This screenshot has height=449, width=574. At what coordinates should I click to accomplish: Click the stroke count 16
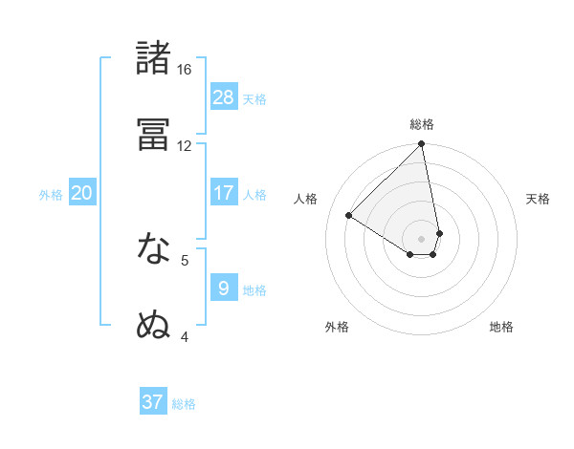[x=185, y=70]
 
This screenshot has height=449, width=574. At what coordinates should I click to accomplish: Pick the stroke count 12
[x=185, y=146]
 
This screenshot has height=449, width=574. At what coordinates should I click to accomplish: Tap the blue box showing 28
[x=224, y=96]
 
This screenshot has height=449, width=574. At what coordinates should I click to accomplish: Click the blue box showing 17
[x=224, y=192]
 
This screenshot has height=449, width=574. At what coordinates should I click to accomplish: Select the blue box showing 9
[x=224, y=288]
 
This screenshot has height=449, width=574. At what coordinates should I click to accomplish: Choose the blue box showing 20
[x=82, y=192]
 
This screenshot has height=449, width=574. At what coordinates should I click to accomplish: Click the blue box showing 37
[x=153, y=402]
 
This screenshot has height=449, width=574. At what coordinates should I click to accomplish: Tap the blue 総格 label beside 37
[x=184, y=404]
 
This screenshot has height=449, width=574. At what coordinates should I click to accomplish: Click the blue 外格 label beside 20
[x=51, y=195]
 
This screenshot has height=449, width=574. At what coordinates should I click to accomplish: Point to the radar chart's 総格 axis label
[x=422, y=124]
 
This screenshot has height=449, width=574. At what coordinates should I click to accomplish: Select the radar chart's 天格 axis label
[x=539, y=199]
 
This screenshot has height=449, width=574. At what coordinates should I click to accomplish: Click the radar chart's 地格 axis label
[x=501, y=327]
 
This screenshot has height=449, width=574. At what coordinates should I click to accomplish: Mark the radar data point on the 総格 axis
[x=421, y=144]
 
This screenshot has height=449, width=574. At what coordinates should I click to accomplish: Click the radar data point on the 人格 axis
[x=349, y=216]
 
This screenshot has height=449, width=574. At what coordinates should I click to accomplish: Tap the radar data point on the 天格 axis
[x=439, y=233]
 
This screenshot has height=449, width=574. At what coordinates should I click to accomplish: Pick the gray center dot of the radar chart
[x=421, y=239]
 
